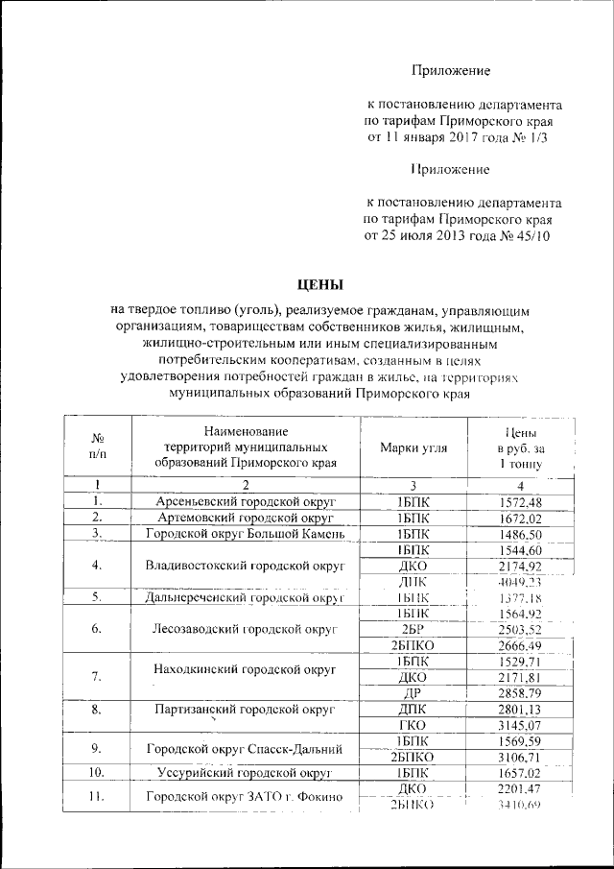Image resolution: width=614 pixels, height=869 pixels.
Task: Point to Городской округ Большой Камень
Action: pos(245,534)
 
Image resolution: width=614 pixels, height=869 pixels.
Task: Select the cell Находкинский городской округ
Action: pos(245,668)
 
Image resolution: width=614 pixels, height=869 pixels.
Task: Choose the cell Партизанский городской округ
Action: pos(245,711)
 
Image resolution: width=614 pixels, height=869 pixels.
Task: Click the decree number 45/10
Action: pos(533,236)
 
